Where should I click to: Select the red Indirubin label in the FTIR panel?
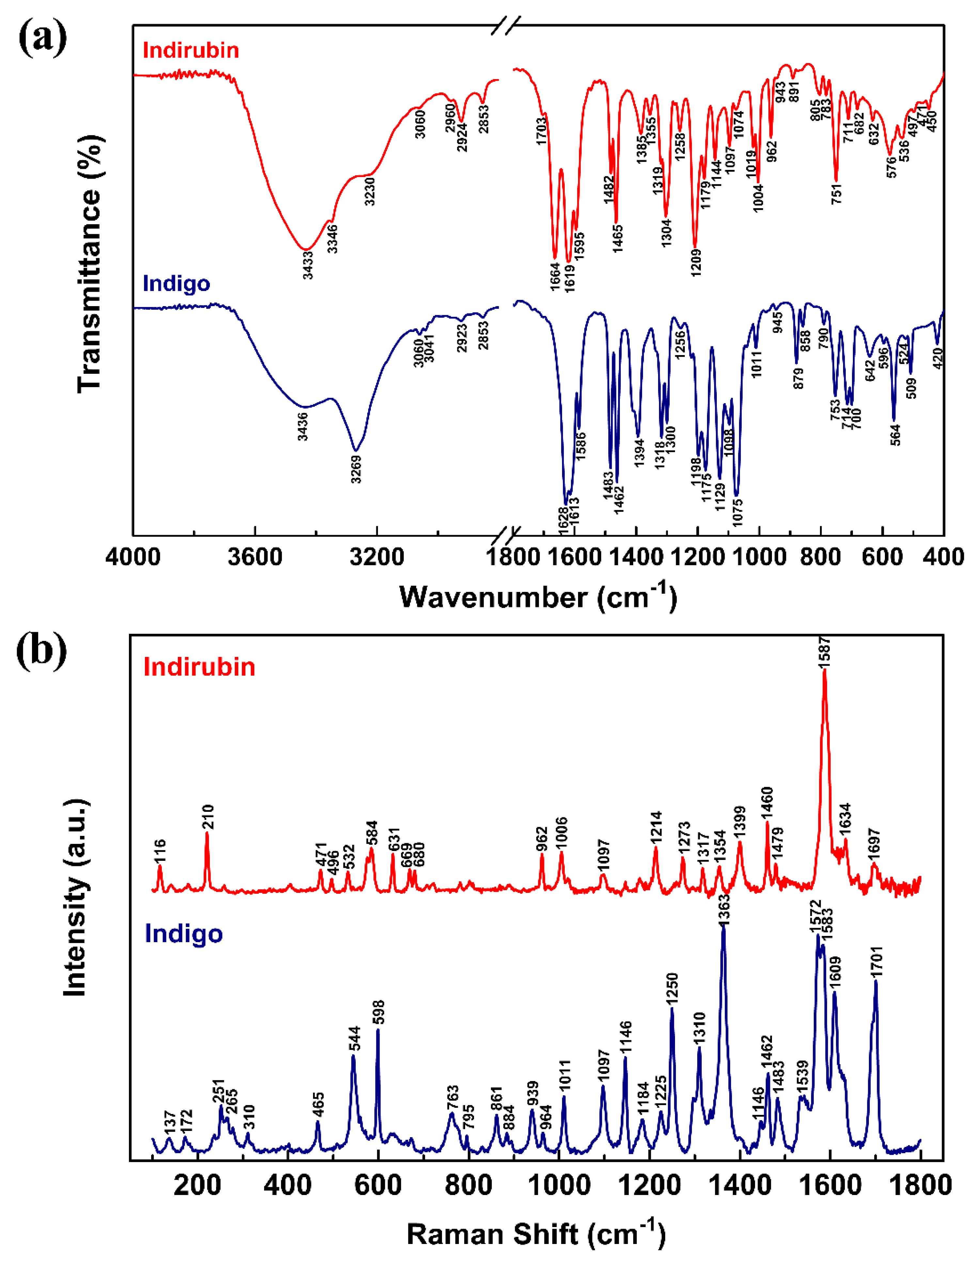click(190, 50)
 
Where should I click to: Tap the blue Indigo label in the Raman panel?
click(183, 933)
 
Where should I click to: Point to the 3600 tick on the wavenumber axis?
click(255, 557)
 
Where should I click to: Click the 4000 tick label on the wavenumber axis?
click(133, 557)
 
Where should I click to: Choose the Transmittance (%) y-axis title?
click(89, 264)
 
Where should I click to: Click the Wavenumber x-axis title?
click(538, 597)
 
